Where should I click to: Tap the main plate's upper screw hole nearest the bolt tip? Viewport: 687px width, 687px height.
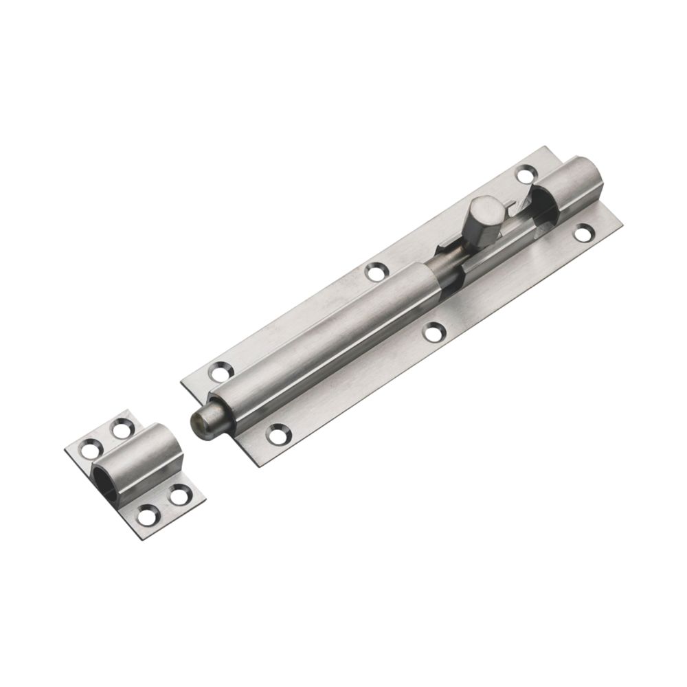(221, 373)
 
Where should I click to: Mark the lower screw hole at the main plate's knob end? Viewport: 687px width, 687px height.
(585, 233)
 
